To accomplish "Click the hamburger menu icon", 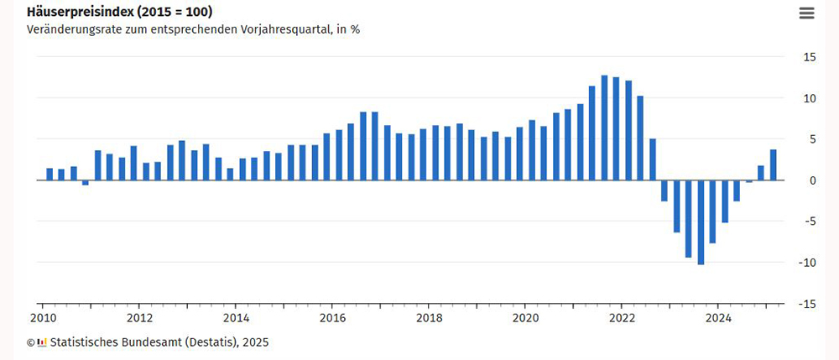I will tap(806, 13).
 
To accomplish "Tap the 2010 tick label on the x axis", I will tap(42, 318).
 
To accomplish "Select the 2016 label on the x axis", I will tap(332, 318).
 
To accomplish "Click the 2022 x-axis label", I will tap(622, 318).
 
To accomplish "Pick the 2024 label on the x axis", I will tap(718, 318).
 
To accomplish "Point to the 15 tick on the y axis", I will tap(810, 57).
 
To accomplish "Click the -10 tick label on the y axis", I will tap(807, 263).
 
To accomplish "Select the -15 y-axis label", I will tap(807, 304).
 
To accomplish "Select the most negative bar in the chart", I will tap(701, 222).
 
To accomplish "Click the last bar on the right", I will tap(773, 164).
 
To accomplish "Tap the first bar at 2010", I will tap(50, 175).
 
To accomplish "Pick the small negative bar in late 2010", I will tap(86, 182).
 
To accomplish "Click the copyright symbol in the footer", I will tap(30, 342).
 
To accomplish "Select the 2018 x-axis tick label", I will tap(429, 318).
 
